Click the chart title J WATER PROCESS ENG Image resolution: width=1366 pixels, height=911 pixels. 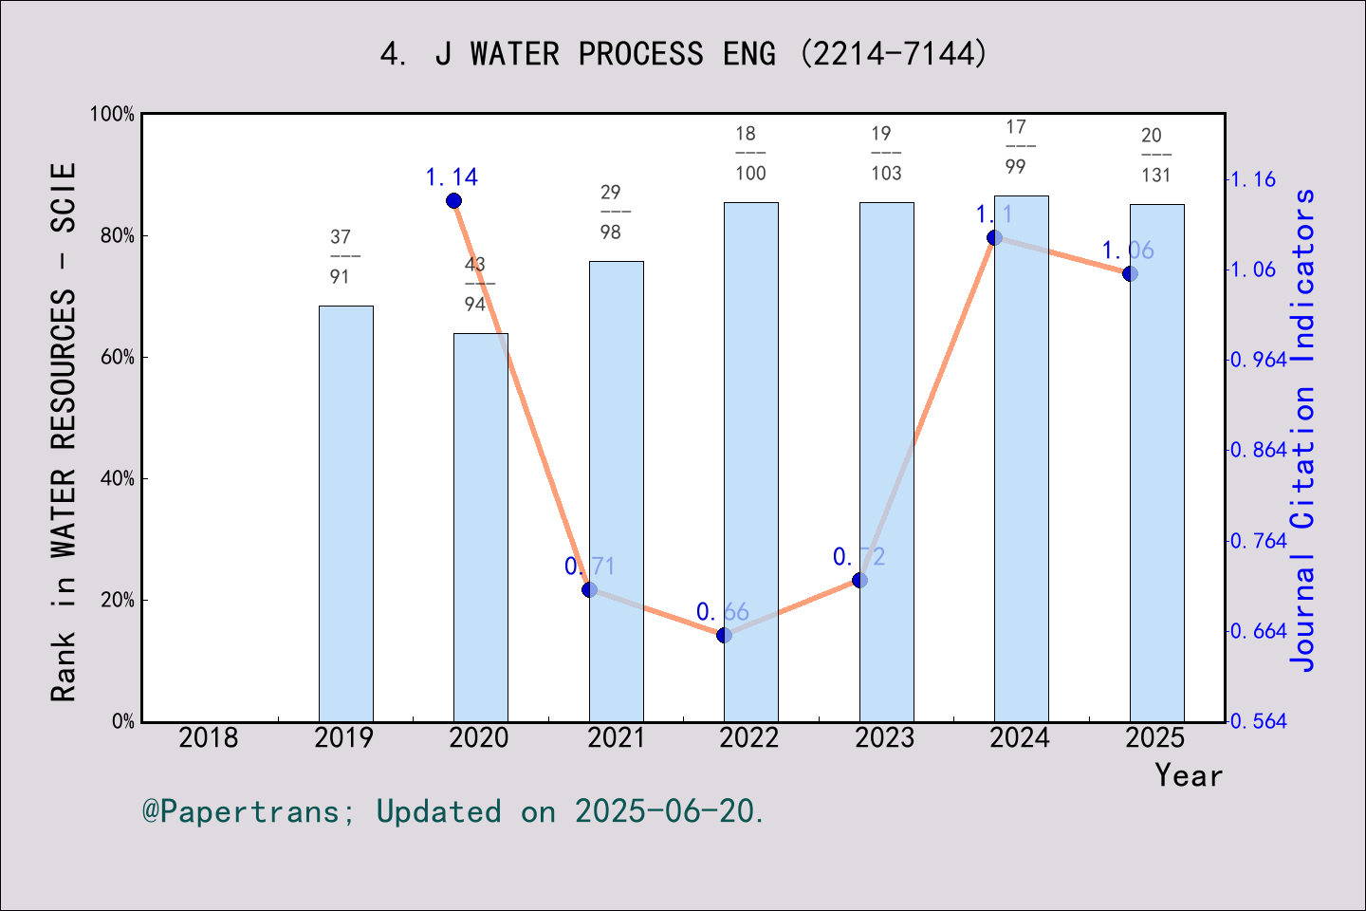coord(683,53)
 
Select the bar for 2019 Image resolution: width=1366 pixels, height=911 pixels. coord(345,512)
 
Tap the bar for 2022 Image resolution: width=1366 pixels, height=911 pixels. coord(750,461)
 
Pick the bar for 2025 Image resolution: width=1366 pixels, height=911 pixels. coord(1156,462)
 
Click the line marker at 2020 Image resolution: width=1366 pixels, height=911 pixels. coord(453,201)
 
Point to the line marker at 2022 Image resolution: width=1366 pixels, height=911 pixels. coord(724,635)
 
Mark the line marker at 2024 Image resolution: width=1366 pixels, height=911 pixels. coord(994,237)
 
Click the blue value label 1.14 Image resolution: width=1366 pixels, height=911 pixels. coord(452,177)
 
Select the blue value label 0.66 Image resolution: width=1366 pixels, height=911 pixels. coord(722,612)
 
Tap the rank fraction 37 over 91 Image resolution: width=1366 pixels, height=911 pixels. coord(341,256)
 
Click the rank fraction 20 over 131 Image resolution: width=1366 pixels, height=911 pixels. coord(1155,155)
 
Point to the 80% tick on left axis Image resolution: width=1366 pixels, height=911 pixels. coord(118,236)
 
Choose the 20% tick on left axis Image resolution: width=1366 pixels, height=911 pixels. coord(118,601)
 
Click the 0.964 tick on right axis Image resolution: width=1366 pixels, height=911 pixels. coord(1259,360)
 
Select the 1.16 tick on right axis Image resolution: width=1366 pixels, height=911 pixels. coord(1253,179)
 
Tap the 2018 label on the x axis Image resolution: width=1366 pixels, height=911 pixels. coord(209,737)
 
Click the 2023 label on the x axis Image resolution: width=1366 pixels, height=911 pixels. coord(884,737)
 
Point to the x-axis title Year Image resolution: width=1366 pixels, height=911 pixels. coord(1189,775)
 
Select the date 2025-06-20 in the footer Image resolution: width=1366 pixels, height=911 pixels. coord(668,811)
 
